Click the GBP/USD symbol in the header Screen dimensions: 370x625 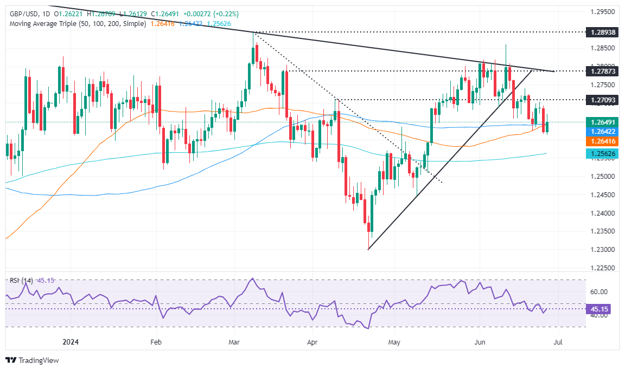pos(25,14)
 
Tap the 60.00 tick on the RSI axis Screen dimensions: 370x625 pos(599,291)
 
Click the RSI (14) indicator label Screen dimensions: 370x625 pos(22,280)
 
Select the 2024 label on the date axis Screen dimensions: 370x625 pos(71,342)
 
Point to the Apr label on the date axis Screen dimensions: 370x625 pos(312,342)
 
